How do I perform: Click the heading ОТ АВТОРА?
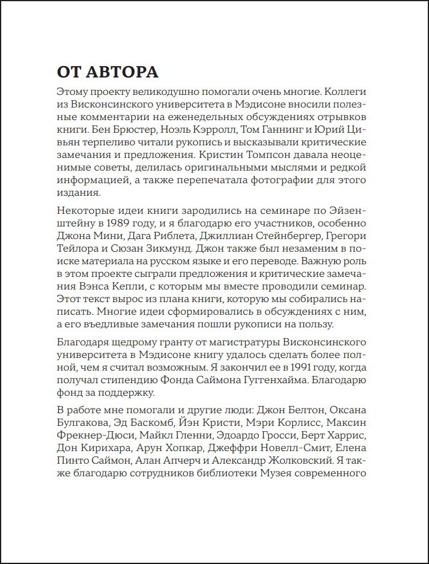(108, 73)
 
